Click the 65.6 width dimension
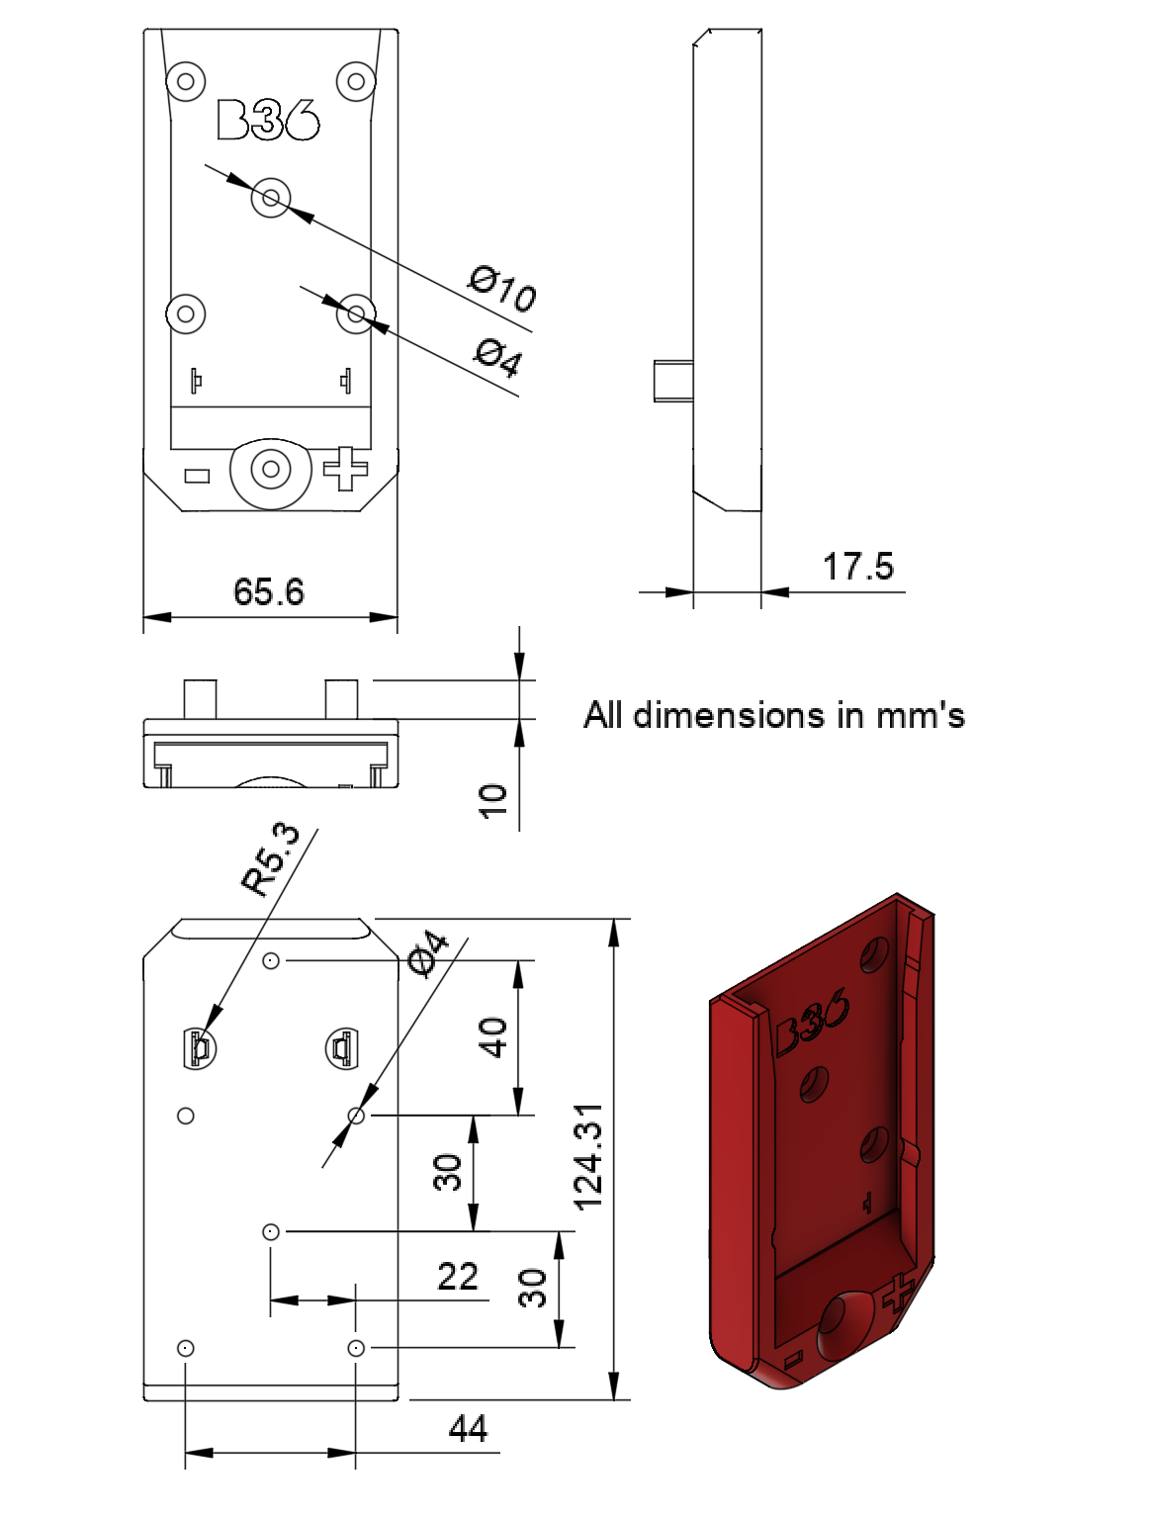click(x=269, y=591)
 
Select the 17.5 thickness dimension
click(x=858, y=567)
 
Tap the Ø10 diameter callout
click(x=502, y=288)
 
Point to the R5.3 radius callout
click(x=271, y=859)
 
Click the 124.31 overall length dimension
click(x=589, y=1157)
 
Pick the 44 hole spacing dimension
click(x=468, y=1429)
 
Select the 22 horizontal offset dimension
click(x=458, y=1276)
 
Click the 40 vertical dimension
click(x=492, y=1037)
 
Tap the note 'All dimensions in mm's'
click(x=773, y=715)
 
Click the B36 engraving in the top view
click(x=268, y=120)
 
